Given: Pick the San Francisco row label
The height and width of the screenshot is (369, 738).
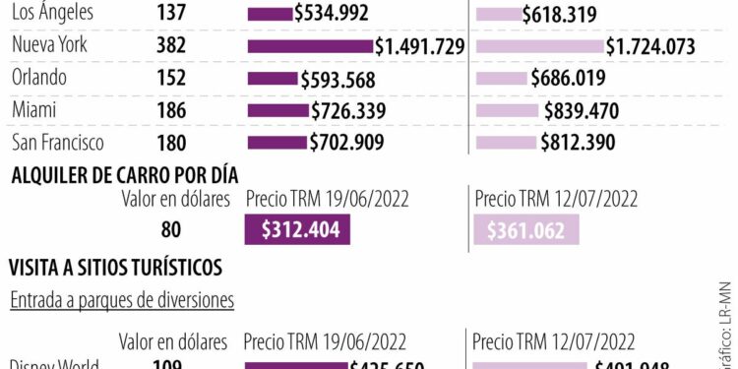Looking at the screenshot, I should click(x=57, y=143).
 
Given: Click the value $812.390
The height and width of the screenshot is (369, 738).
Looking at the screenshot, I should click(x=578, y=143).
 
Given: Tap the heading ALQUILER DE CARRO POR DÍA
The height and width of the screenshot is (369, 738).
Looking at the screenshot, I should click(x=123, y=175).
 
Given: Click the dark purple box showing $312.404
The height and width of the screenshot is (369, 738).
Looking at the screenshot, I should click(x=298, y=229).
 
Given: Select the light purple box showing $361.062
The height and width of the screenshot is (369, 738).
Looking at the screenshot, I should click(x=526, y=229).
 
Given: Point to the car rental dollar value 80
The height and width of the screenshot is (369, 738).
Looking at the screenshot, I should click(x=171, y=230).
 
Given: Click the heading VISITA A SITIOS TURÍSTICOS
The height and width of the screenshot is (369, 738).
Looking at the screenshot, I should click(x=115, y=267).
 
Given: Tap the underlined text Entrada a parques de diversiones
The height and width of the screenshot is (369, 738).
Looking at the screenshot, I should click(x=122, y=300).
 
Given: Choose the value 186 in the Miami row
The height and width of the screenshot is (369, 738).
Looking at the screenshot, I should click(x=171, y=111).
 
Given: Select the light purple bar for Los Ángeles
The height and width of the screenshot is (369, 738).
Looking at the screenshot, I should click(x=498, y=15).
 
